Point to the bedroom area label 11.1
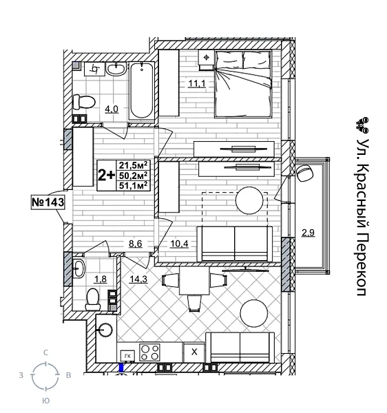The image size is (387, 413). point(198,84)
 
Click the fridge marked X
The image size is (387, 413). point(194,352)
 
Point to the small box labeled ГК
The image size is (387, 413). point(127,356)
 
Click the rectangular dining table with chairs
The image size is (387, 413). point(192,283)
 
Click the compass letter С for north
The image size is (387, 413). point(45,352)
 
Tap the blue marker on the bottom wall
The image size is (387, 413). point(122,368)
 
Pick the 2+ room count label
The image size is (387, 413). point(106,174)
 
